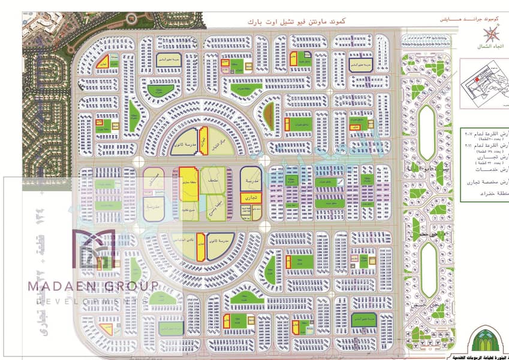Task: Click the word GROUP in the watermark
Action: point(131,286)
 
